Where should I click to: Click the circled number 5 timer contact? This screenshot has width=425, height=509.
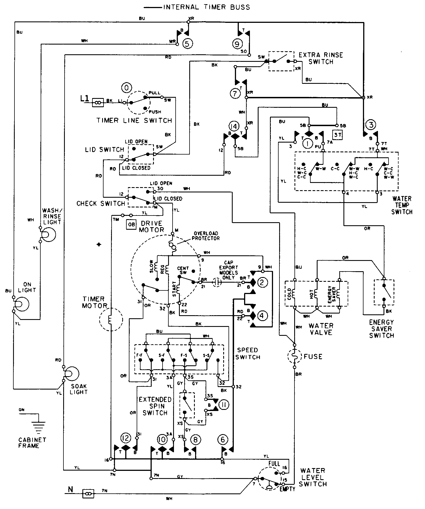coord(187,43)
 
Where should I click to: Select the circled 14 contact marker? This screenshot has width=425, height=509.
coord(235,126)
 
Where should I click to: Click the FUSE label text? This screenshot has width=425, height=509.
coord(313,356)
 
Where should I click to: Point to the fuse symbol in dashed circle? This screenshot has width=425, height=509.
coord(294,356)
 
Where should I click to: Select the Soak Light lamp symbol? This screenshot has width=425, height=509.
coord(71,374)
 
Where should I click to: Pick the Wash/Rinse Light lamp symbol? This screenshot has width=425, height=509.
coord(48,235)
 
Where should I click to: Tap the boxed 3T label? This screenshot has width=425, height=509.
coord(338,135)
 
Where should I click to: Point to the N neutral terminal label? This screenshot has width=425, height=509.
coord(71,489)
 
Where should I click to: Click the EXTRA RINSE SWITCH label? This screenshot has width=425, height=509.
coord(321,58)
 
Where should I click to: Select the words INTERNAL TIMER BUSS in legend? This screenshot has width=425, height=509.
coord(207,7)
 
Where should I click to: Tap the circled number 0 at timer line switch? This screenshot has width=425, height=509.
coord(126,88)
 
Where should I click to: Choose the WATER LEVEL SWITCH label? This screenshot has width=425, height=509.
coord(313,477)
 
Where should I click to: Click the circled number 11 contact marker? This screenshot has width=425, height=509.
coord(223,404)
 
